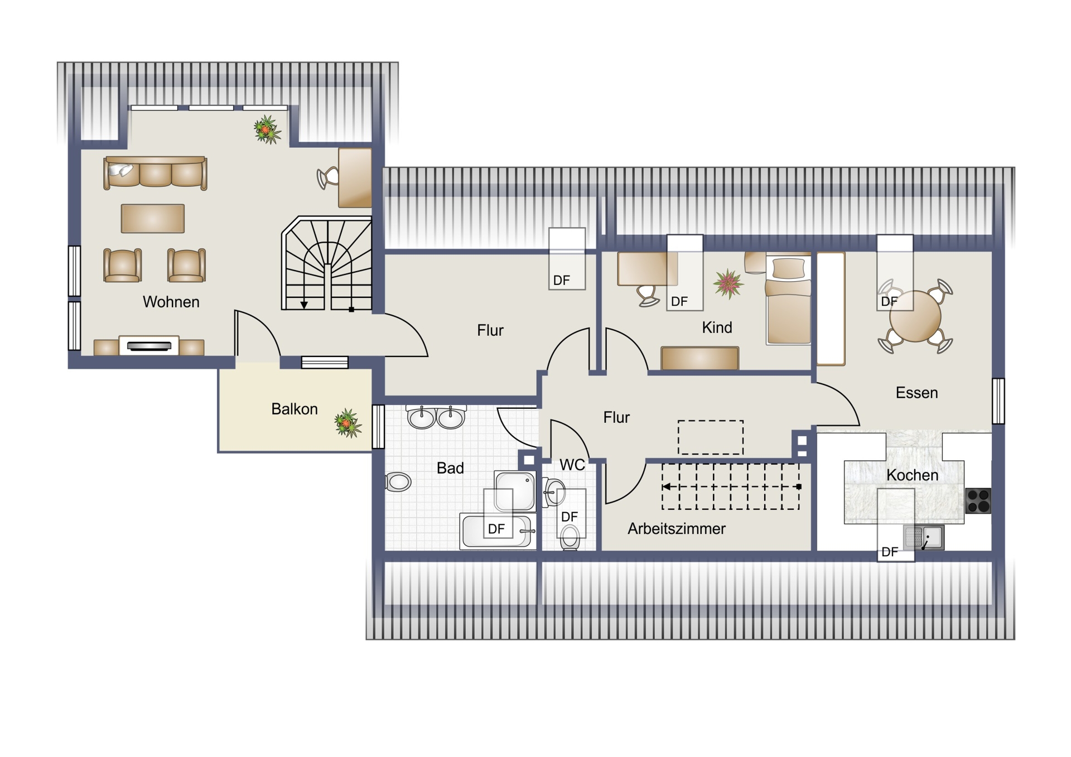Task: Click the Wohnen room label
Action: [x=171, y=302]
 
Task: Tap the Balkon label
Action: [x=294, y=409]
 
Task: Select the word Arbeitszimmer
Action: [x=677, y=528]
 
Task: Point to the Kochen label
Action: [x=912, y=475]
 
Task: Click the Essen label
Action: [x=916, y=393]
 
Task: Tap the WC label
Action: [x=572, y=465]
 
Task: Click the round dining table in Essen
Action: [x=915, y=316]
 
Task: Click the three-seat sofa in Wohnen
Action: [x=155, y=173]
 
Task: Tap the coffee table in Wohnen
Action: [x=153, y=218]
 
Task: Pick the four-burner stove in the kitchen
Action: [x=978, y=500]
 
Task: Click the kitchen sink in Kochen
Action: [x=924, y=538]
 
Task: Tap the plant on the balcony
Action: [x=348, y=423]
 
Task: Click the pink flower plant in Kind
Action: [x=728, y=284]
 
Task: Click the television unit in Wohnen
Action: [x=149, y=346]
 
